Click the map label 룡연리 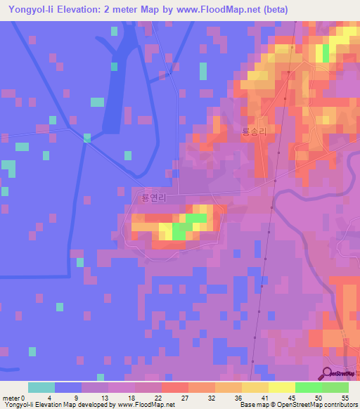point(153,198)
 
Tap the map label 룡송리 point(255,131)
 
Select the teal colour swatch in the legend point(41,387)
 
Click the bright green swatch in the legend point(309,387)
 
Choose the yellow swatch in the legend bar point(282,387)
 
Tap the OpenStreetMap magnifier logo point(328,374)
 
